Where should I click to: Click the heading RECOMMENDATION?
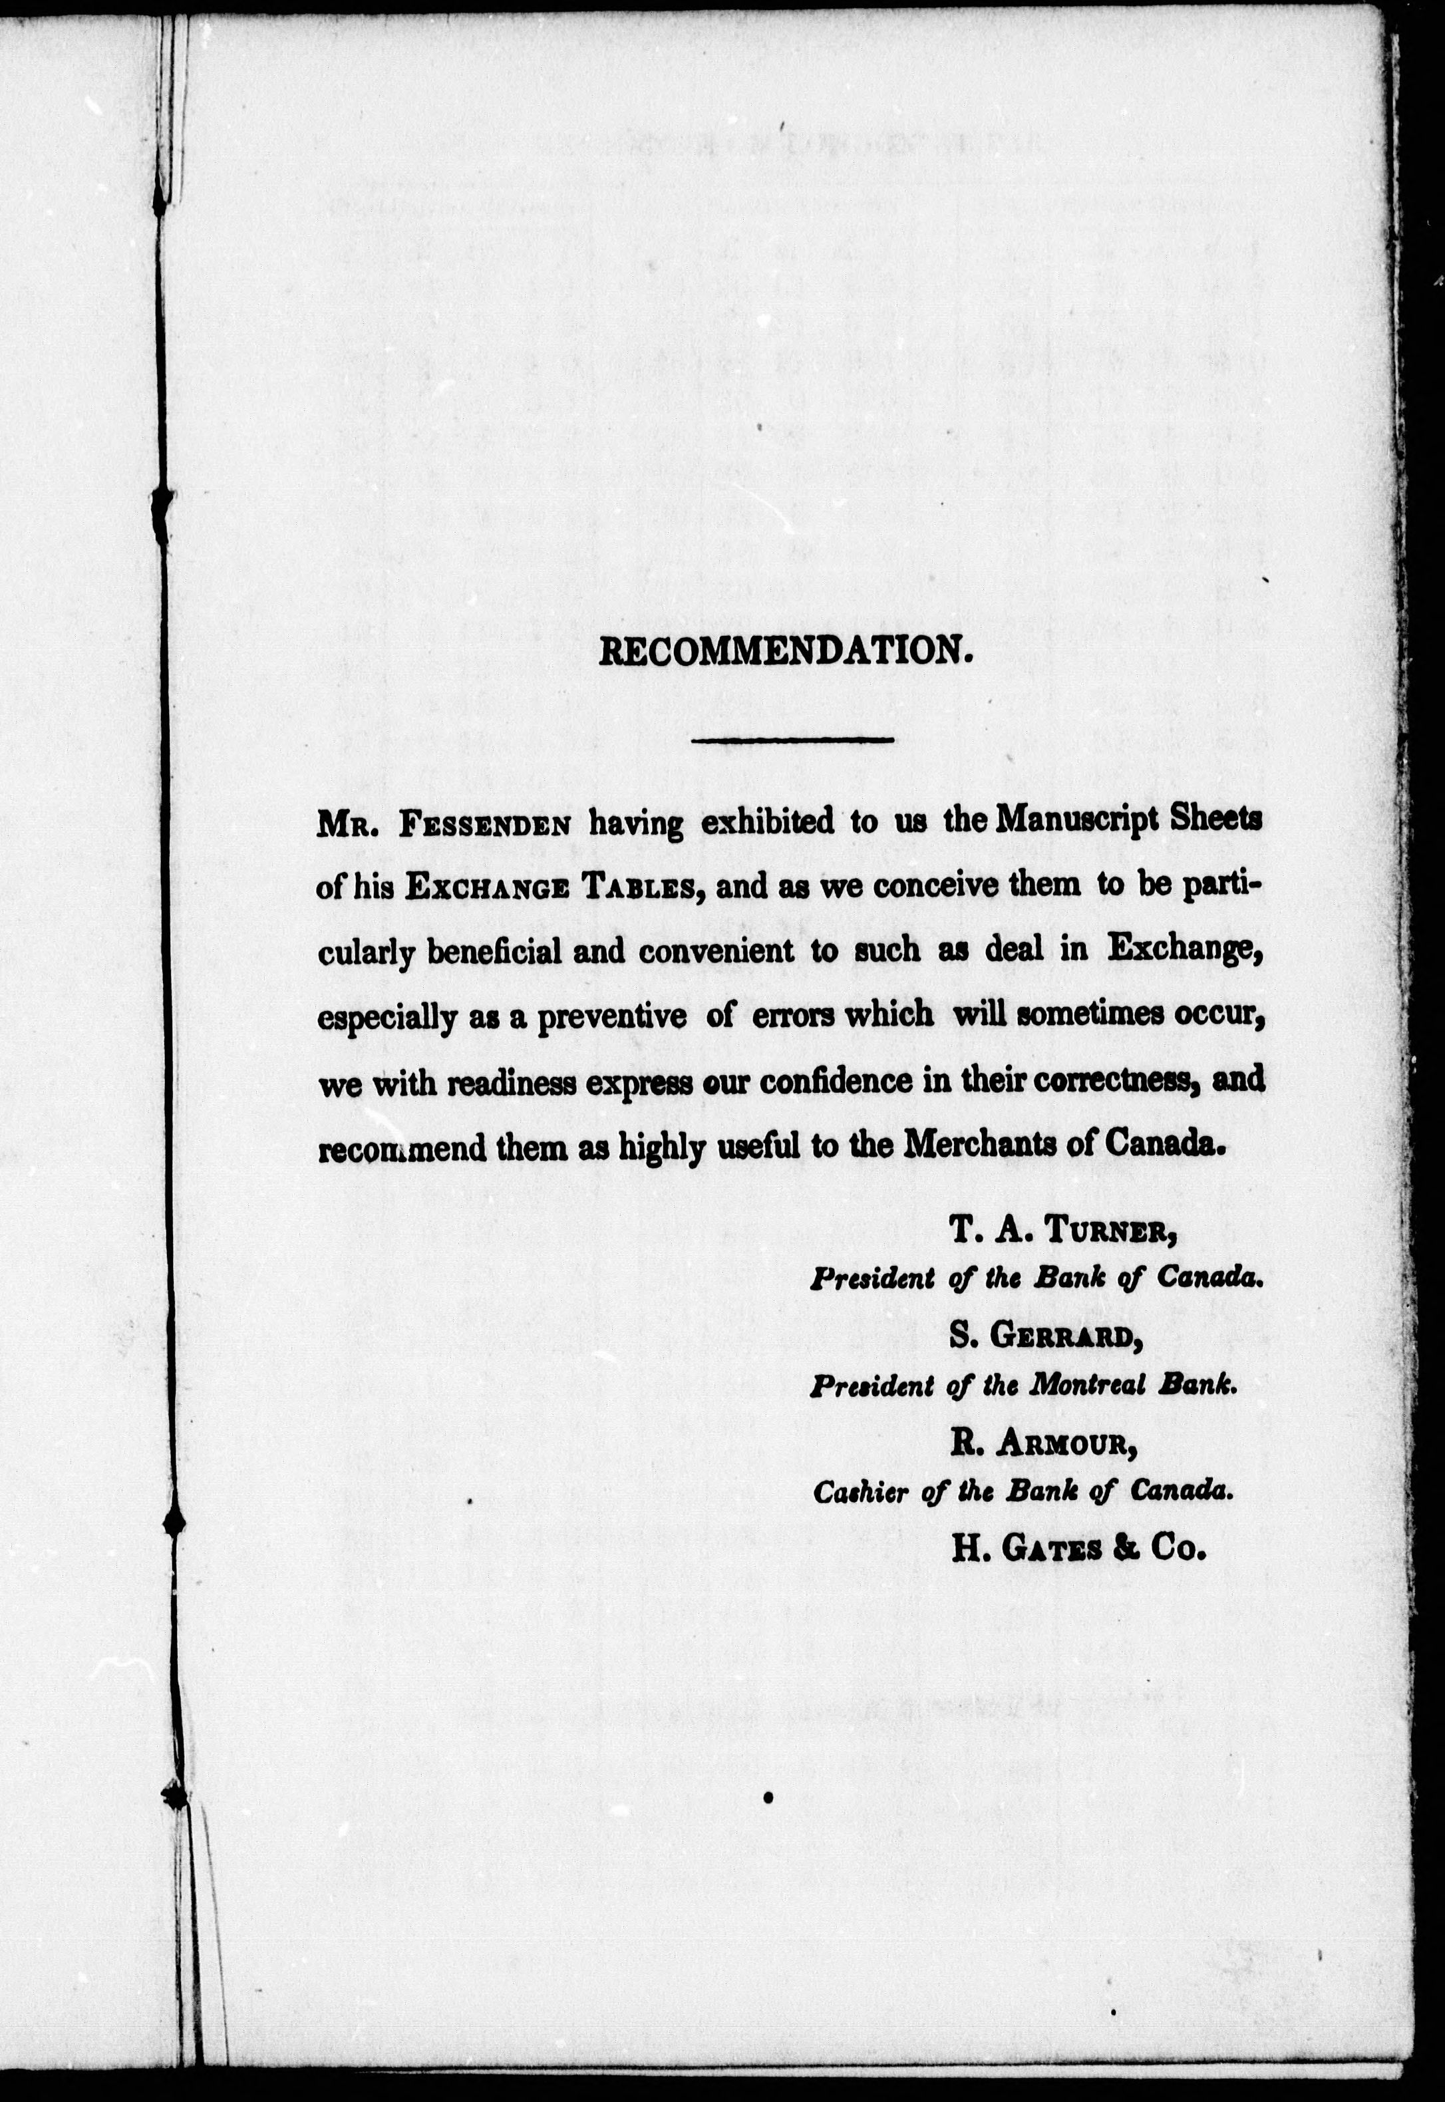[786, 652]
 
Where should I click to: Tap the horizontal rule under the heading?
[792, 742]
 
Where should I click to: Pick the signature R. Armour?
[1043, 1445]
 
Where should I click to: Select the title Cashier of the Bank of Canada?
[1023, 1492]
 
